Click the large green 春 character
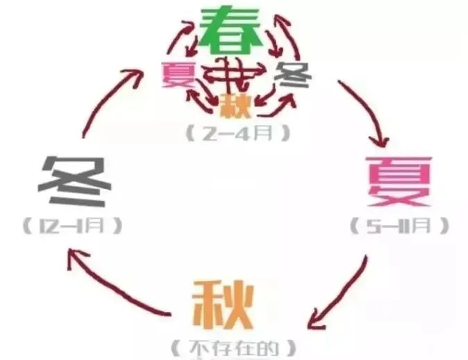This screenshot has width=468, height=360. tap(231, 31)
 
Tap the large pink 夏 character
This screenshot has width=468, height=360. tap(399, 181)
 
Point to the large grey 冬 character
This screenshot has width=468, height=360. tap(74, 181)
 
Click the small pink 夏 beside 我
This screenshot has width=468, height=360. tap(179, 74)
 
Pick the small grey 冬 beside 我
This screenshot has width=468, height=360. tap(293, 74)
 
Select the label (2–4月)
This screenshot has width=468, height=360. tap(238, 133)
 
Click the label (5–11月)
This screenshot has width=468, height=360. tap(400, 226)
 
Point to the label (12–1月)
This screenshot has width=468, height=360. tap(73, 226)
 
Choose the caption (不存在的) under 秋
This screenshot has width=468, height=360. tap(234, 348)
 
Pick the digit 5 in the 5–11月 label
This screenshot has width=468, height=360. tap(374, 226)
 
